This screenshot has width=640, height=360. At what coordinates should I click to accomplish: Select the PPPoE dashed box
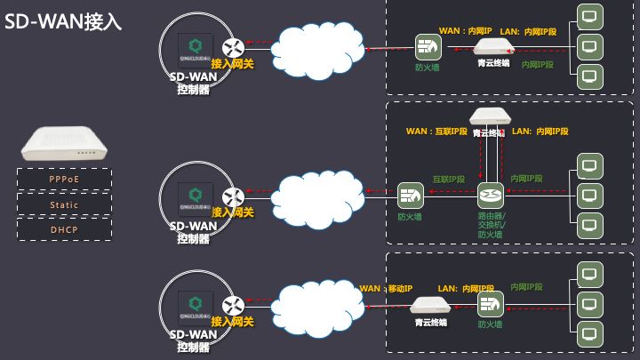pyautogui.click(x=64, y=180)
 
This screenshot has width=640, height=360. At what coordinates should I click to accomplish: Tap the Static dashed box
pyautogui.click(x=64, y=204)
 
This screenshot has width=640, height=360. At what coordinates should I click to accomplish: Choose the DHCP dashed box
pyautogui.click(x=64, y=229)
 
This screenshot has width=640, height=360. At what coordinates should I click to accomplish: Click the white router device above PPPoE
pyautogui.click(x=64, y=144)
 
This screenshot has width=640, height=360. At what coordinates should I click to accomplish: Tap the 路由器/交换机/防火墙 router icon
pyautogui.click(x=490, y=194)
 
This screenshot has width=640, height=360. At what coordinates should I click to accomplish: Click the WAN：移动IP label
pyautogui.click(x=386, y=289)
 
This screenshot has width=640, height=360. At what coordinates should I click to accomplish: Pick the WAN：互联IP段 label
pyautogui.click(x=436, y=132)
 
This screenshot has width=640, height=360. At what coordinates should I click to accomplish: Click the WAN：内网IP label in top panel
pyautogui.click(x=465, y=31)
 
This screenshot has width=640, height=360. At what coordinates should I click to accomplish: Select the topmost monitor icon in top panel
pyautogui.click(x=588, y=17)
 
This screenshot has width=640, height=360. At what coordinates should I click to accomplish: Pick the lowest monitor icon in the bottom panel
pyautogui.click(x=588, y=334)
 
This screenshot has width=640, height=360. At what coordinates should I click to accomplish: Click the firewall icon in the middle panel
pyautogui.click(x=410, y=194)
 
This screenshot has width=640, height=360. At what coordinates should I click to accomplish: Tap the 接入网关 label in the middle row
pyautogui.click(x=232, y=212)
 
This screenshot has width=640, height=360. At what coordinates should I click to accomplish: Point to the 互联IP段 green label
pyautogui.click(x=450, y=179)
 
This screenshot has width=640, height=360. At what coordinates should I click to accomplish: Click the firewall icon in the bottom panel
pyautogui.click(x=490, y=304)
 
